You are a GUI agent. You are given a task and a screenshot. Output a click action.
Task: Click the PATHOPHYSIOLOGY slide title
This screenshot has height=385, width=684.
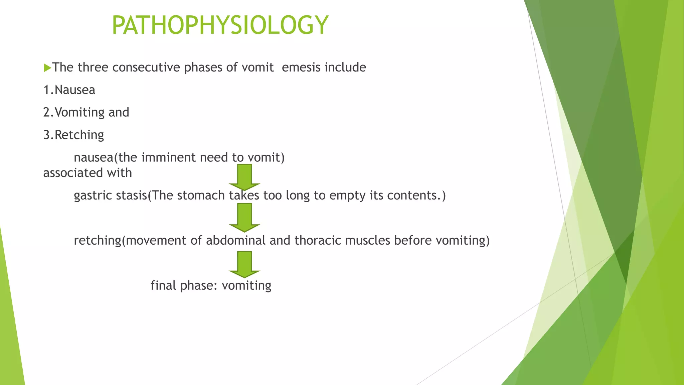[x=220, y=25]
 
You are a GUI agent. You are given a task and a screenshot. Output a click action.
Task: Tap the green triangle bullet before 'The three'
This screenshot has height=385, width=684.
[x=47, y=68]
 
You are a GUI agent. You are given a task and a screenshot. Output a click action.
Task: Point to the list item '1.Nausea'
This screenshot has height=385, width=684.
[x=69, y=90]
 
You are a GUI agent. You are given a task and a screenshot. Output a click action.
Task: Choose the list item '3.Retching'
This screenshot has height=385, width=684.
[x=74, y=135]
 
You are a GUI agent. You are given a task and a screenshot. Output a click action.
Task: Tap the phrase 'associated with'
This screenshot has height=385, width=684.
[x=88, y=173]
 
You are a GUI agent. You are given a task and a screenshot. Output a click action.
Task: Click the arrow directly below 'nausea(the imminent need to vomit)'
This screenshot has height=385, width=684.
[x=244, y=177]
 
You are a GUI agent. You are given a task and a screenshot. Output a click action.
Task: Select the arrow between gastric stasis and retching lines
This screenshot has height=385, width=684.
[x=244, y=218]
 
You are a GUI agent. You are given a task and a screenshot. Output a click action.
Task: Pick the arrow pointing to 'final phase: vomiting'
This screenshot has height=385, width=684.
[x=244, y=264]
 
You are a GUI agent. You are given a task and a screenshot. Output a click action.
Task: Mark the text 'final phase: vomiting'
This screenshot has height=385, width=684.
[x=211, y=286]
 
